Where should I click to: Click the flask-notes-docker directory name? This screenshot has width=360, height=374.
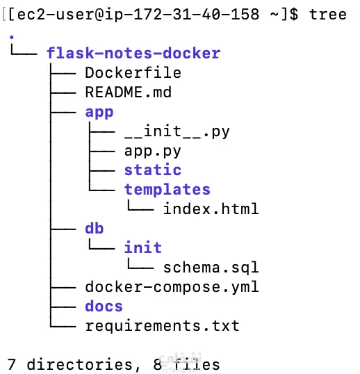(133, 54)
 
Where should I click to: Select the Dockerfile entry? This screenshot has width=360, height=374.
(133, 73)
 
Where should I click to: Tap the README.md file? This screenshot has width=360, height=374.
(129, 92)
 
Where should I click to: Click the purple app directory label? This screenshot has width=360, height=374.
(99, 112)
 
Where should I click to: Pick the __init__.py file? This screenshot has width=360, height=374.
(177, 131)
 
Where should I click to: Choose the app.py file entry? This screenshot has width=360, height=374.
(153, 151)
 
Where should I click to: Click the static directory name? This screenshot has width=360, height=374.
(153, 170)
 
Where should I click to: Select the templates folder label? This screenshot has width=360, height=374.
(167, 189)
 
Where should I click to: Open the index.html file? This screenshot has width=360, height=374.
(211, 209)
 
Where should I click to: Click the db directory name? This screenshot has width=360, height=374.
(95, 228)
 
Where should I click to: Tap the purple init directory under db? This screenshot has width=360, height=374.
(143, 247)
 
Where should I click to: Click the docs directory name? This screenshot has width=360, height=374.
(104, 306)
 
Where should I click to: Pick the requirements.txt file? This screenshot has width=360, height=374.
(163, 325)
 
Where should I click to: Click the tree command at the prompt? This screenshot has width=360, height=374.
(328, 15)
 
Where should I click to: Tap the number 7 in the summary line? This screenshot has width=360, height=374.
(12, 364)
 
